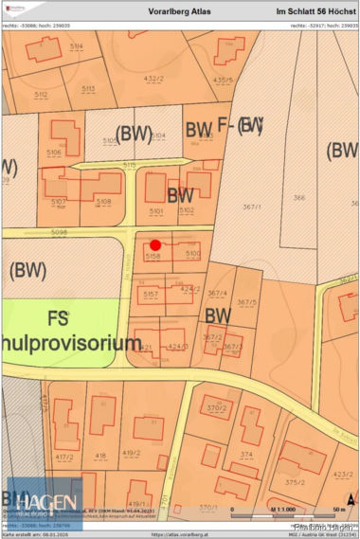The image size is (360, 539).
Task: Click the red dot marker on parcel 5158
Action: click(155, 244)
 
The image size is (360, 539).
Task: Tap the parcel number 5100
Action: click(193, 254)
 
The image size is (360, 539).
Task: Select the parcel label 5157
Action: click(151, 296)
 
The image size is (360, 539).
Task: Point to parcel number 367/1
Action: click(251, 206)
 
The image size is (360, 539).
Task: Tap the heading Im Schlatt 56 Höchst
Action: click(315, 10)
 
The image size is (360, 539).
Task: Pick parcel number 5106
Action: click(53, 153)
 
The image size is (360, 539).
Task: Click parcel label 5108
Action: click(103, 202)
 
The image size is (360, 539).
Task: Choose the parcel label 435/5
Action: click(224, 80)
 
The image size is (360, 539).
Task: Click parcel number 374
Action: click(246, 455)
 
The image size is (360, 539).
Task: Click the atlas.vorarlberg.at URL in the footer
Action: click(179, 534)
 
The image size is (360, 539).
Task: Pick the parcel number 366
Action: click(299, 197)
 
